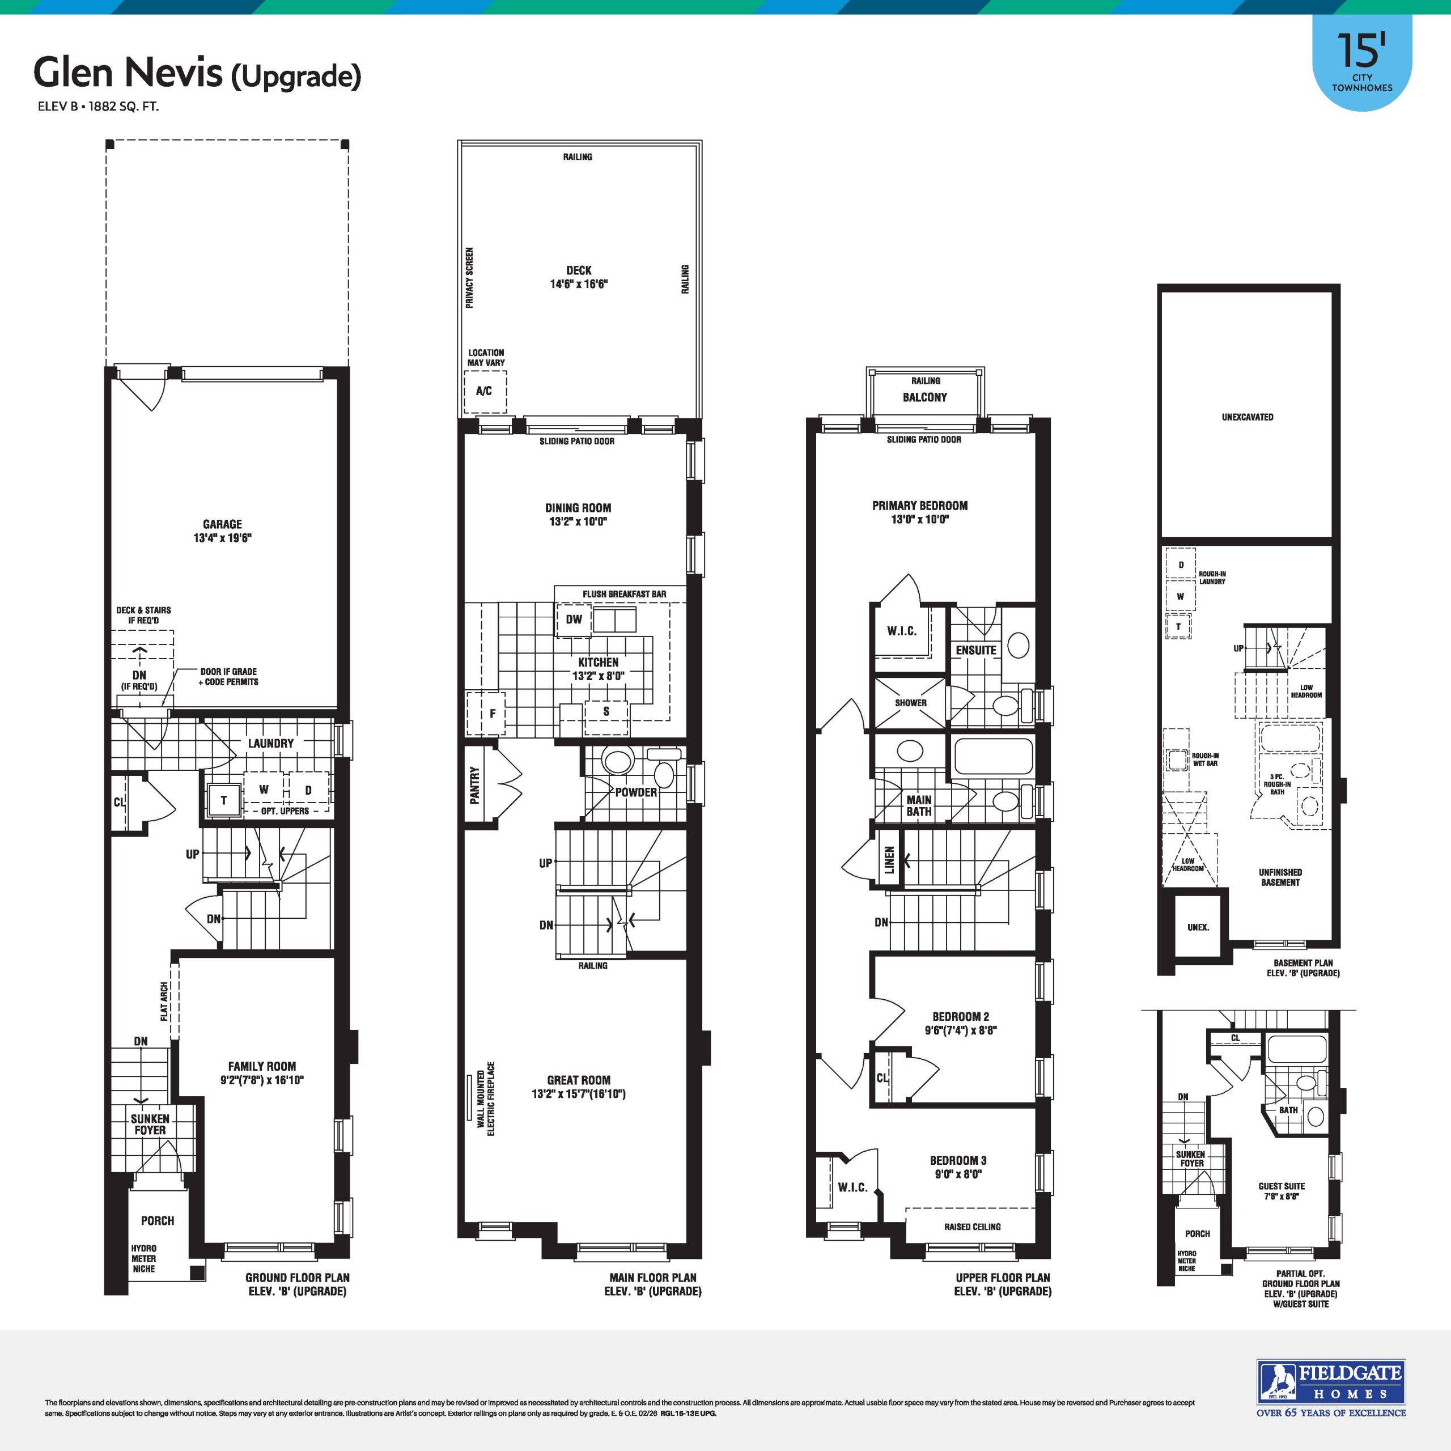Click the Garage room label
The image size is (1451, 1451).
(x=222, y=524)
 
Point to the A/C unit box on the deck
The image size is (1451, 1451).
(x=485, y=391)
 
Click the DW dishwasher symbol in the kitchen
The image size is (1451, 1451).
(x=574, y=620)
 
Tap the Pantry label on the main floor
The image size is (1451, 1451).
(x=474, y=786)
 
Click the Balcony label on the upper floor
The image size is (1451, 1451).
(x=924, y=397)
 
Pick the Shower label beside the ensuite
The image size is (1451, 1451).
(x=910, y=703)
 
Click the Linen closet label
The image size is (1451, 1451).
(x=889, y=860)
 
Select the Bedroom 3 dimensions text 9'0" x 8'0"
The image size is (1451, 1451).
(x=957, y=1174)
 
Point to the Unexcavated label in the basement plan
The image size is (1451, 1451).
(x=1248, y=417)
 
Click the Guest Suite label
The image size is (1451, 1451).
(x=1282, y=1186)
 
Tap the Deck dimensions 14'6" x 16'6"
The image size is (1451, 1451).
(x=578, y=284)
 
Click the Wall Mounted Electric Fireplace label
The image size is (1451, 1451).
(x=486, y=1098)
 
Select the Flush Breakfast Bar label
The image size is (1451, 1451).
(x=624, y=594)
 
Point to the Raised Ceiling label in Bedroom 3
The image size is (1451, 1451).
(x=972, y=1227)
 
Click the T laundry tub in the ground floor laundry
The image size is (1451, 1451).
(x=223, y=800)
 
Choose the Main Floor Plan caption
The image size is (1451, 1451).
(x=652, y=1278)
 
